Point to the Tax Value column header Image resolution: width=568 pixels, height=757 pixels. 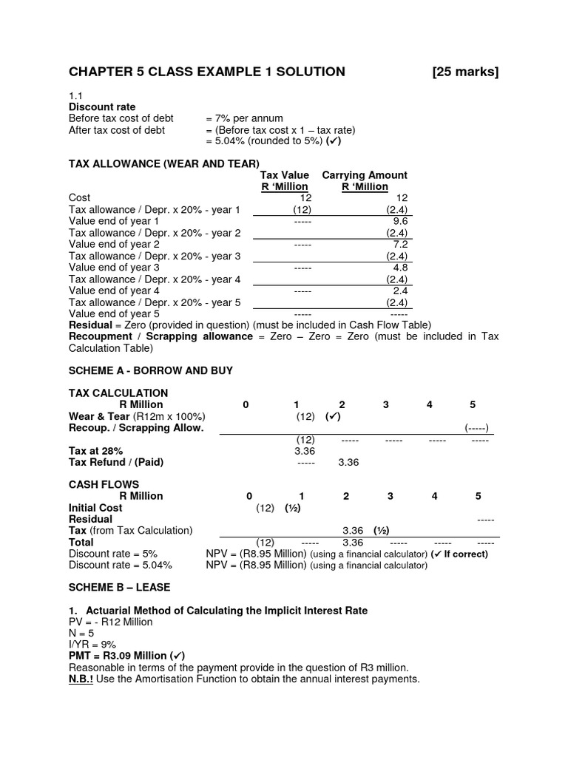click(284, 175)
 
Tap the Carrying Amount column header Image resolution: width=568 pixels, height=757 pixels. click(365, 175)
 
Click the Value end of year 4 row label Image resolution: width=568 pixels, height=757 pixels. click(114, 291)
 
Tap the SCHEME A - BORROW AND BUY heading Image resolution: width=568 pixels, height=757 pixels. click(151, 370)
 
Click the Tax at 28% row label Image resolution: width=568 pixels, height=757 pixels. click(95, 450)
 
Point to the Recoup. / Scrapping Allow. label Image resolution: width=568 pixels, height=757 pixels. click(135, 427)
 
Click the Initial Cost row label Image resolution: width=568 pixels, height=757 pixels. click(95, 508)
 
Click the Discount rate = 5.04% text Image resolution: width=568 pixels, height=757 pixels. click(120, 565)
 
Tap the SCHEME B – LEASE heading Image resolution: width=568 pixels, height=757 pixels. click(119, 588)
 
